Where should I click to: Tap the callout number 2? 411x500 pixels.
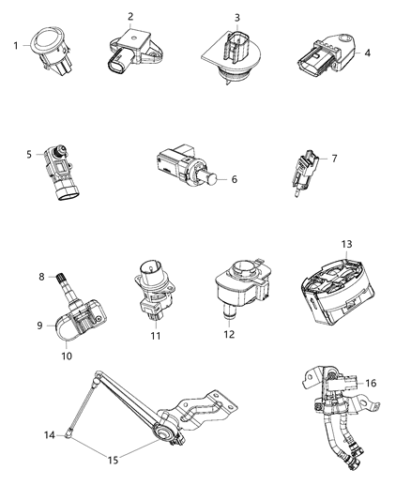[130, 17]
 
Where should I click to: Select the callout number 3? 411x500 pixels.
[237, 18]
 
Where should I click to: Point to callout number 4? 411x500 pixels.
[368, 53]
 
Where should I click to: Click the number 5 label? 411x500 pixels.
[29, 153]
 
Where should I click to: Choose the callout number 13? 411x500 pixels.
[346, 244]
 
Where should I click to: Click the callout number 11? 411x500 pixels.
[158, 335]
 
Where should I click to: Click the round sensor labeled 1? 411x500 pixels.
[50, 45]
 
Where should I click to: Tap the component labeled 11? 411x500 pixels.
[151, 287]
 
